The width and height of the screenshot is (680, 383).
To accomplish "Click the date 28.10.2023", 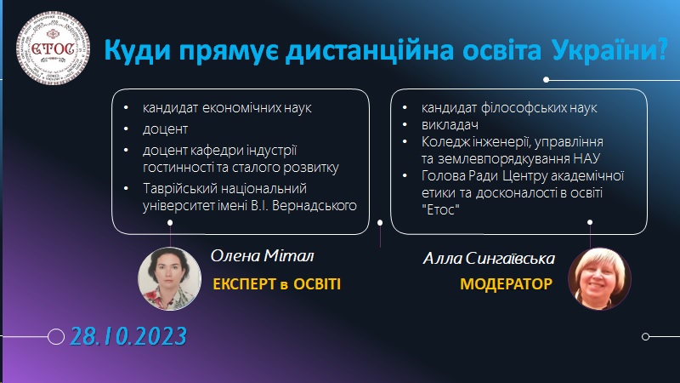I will pyautogui.click(x=129, y=335).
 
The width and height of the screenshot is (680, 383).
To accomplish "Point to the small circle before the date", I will pyautogui.click(x=57, y=336).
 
